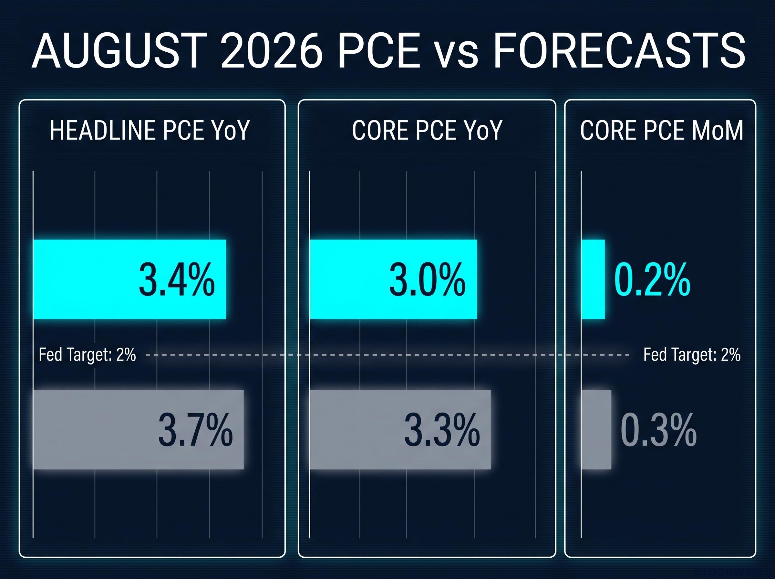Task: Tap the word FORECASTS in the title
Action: (619, 51)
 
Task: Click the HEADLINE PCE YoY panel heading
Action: (150, 131)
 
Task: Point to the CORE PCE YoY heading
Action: (427, 131)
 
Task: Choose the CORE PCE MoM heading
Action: (661, 131)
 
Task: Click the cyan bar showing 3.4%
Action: (129, 279)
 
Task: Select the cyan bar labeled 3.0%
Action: (393, 279)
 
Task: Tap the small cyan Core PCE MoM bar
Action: (593, 279)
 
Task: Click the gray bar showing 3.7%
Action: (138, 429)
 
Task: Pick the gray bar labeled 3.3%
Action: (400, 429)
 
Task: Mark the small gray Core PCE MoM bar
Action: (596, 429)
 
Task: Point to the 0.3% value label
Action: (658, 430)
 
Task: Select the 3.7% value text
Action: (195, 430)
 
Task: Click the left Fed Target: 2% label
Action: (87, 355)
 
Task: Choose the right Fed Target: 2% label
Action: (692, 355)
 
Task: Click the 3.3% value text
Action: (442, 430)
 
